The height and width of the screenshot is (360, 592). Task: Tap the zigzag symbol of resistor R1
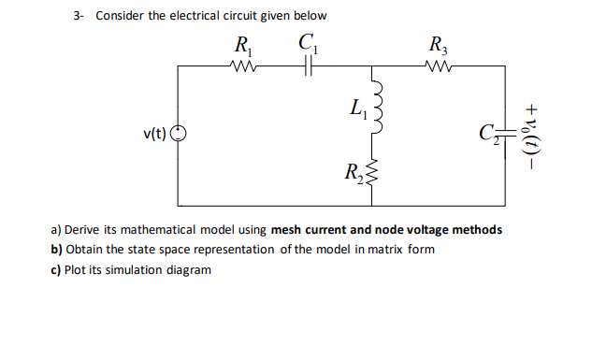point(241,65)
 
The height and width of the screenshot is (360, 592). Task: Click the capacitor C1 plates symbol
point(309,65)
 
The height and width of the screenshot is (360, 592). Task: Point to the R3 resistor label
point(437,44)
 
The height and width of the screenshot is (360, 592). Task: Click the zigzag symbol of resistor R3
point(437,65)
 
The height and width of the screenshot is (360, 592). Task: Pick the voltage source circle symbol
point(179,134)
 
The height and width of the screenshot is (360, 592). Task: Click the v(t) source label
point(154,134)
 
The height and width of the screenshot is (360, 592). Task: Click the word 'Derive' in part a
point(82,229)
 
